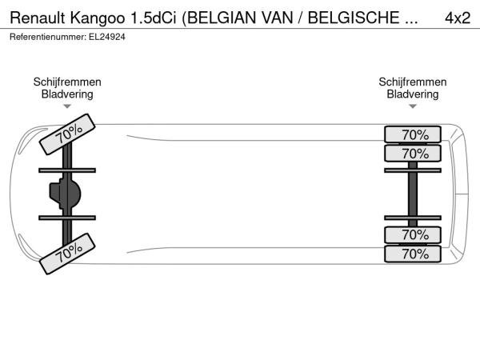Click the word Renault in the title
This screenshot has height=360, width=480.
point(38,18)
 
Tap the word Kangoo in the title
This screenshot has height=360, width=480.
point(98,18)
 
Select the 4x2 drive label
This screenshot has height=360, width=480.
point(458,18)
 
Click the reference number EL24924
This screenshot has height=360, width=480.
point(107,37)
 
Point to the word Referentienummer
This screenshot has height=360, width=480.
point(48,37)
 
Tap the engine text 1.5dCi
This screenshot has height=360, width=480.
point(154,18)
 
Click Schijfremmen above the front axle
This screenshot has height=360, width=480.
point(67,82)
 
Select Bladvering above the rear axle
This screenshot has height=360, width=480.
point(413,94)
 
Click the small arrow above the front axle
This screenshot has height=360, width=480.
point(67,106)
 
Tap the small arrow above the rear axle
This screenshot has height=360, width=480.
point(413,106)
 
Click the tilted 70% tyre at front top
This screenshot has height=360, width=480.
point(67,134)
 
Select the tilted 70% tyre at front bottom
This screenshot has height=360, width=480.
point(67,254)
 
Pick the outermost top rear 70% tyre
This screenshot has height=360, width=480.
point(413,134)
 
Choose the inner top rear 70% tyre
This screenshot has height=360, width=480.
point(413,154)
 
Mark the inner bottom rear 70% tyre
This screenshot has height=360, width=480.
point(413,234)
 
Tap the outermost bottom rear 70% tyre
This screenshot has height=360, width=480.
point(413,254)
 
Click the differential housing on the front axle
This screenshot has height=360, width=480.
point(65,194)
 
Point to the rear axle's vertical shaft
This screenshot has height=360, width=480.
point(413,194)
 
